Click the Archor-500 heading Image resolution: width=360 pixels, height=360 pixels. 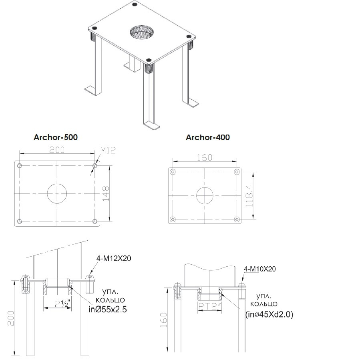pyautogui.click(x=56, y=137)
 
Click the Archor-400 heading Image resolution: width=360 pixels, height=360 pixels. pyautogui.click(x=208, y=137)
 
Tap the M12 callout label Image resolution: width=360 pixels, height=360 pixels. pyautogui.click(x=108, y=151)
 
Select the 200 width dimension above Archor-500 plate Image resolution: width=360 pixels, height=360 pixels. pyautogui.click(x=57, y=150)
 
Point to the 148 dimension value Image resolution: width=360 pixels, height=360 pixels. pyautogui.click(x=106, y=194)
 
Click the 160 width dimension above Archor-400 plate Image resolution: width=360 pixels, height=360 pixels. pyautogui.click(x=205, y=157)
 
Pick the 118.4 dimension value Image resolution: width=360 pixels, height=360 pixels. pyautogui.click(x=249, y=195)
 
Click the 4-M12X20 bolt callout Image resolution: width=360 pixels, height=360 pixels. pyautogui.click(x=114, y=258)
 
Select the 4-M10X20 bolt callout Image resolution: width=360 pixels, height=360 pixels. pyautogui.click(x=259, y=269)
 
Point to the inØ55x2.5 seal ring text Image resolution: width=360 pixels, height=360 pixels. pyautogui.click(x=108, y=309)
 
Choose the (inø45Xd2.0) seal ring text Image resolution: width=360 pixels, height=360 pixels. pyautogui.click(x=269, y=314)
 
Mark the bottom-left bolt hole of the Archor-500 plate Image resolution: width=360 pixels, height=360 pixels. pyautogui.click(x=20, y=221)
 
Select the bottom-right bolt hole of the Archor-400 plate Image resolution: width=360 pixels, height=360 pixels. pyautogui.click(x=237, y=219)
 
